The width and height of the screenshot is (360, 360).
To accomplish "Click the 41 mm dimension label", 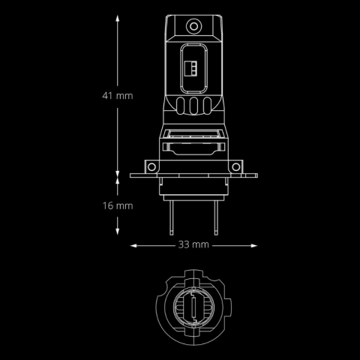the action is (118, 96).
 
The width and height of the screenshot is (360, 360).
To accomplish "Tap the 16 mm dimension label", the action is (118, 205).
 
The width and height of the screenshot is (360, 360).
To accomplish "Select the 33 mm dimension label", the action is (193, 244).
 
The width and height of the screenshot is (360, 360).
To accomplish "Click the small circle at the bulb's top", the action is (193, 26).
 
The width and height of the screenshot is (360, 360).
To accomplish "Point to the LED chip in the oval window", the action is (190, 68).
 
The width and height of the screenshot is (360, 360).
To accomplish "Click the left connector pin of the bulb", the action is (171, 217).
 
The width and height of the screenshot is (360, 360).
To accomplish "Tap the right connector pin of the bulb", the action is (216, 217).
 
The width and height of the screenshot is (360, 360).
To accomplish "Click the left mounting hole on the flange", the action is (151, 167).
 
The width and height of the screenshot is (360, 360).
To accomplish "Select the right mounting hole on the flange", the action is (235, 167).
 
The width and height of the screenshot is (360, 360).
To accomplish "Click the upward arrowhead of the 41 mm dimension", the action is (118, 19).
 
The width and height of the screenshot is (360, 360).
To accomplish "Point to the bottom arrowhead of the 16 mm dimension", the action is (118, 231).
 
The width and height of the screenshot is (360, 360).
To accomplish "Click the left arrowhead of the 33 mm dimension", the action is (133, 246).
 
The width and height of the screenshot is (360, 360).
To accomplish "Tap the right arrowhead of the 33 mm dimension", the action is (253, 246).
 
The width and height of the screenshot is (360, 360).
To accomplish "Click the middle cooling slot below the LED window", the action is (193, 106).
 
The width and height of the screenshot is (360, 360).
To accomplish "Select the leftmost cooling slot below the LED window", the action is (181, 106).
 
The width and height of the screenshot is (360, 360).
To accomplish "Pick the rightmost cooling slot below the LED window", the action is (207, 106).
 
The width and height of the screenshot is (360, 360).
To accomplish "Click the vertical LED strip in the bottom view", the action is (193, 307).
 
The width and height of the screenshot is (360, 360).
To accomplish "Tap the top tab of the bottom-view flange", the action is (193, 273).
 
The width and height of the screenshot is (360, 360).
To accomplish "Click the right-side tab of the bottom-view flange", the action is (228, 307).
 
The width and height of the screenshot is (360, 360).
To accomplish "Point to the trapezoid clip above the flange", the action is (193, 149).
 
